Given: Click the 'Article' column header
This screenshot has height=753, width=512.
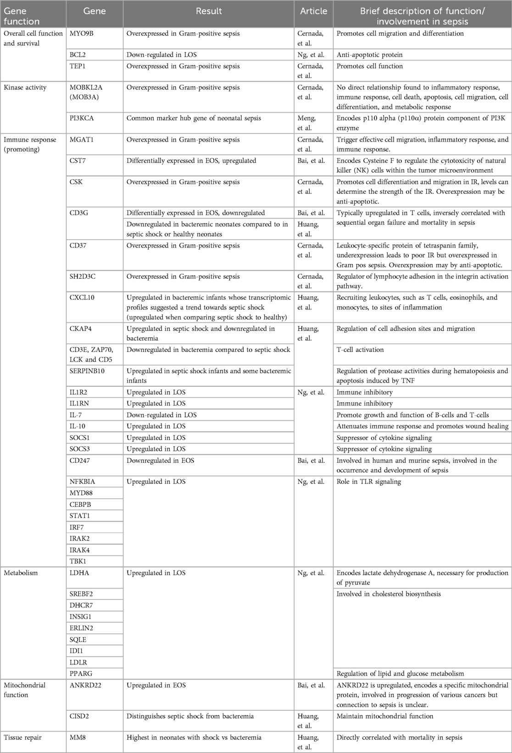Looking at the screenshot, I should click(x=313, y=11).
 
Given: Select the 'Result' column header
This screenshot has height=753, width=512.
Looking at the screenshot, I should click(x=209, y=11).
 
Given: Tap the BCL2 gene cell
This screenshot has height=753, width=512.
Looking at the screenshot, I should click(x=78, y=55).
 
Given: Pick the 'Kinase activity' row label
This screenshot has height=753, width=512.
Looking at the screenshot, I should click(x=25, y=87).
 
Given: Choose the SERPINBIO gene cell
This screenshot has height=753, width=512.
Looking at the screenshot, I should click(x=87, y=371).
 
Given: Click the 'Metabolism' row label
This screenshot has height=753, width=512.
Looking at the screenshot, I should click(x=21, y=573).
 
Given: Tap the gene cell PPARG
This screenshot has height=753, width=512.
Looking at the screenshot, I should click(x=80, y=673).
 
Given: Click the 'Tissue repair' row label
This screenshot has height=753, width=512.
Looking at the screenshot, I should click(x=22, y=737).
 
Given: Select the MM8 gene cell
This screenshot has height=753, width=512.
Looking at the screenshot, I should click(x=77, y=737).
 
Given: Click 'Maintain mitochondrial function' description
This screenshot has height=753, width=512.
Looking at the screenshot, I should click(x=385, y=716).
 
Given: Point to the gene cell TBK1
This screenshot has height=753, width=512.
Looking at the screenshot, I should click(x=78, y=561).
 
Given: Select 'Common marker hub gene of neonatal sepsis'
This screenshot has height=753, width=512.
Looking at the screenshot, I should click(x=194, y=118).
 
